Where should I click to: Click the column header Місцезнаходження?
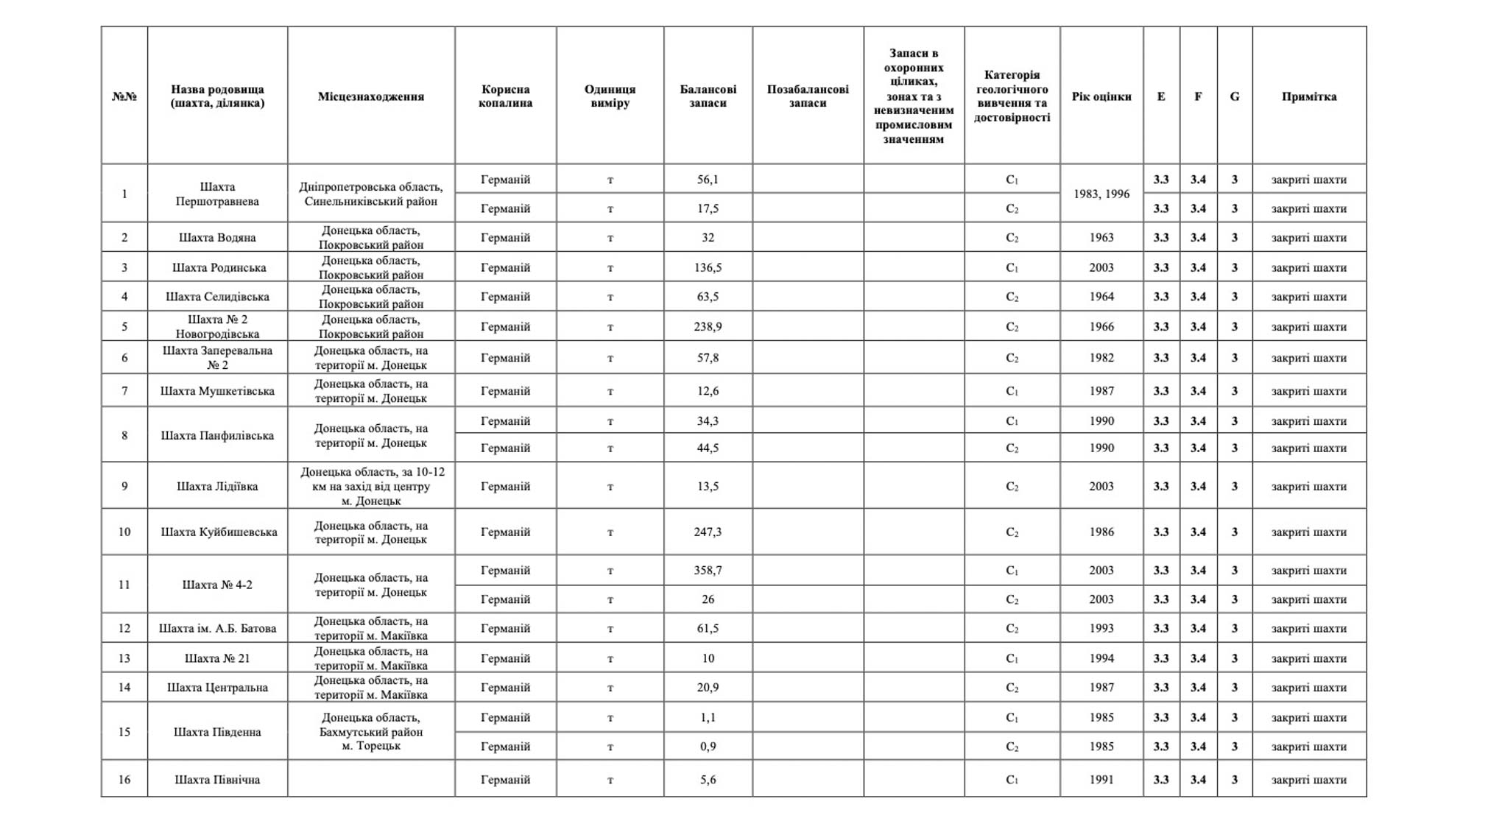click(x=370, y=96)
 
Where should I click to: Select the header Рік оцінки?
click(x=1101, y=96)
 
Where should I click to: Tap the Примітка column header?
click(x=1308, y=96)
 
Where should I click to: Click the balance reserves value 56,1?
click(x=708, y=180)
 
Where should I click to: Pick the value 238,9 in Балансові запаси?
click(x=708, y=326)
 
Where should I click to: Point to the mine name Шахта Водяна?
click(x=217, y=238)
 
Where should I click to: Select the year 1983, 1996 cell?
click(x=1101, y=194)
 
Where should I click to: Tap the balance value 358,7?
click(x=708, y=570)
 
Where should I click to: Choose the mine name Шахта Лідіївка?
click(x=217, y=486)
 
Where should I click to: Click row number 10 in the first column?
click(x=124, y=532)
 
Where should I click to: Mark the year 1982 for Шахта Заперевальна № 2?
click(x=1101, y=358)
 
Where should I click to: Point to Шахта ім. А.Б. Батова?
click(x=217, y=628)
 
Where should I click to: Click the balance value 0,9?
click(x=708, y=746)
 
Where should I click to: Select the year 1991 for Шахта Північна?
click(x=1101, y=779)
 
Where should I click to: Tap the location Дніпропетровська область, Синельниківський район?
click(x=370, y=194)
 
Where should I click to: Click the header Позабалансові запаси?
click(x=808, y=96)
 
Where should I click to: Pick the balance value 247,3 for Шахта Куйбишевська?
click(x=708, y=532)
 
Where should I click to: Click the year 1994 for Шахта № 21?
click(x=1101, y=658)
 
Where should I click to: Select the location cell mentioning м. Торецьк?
click(x=370, y=731)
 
